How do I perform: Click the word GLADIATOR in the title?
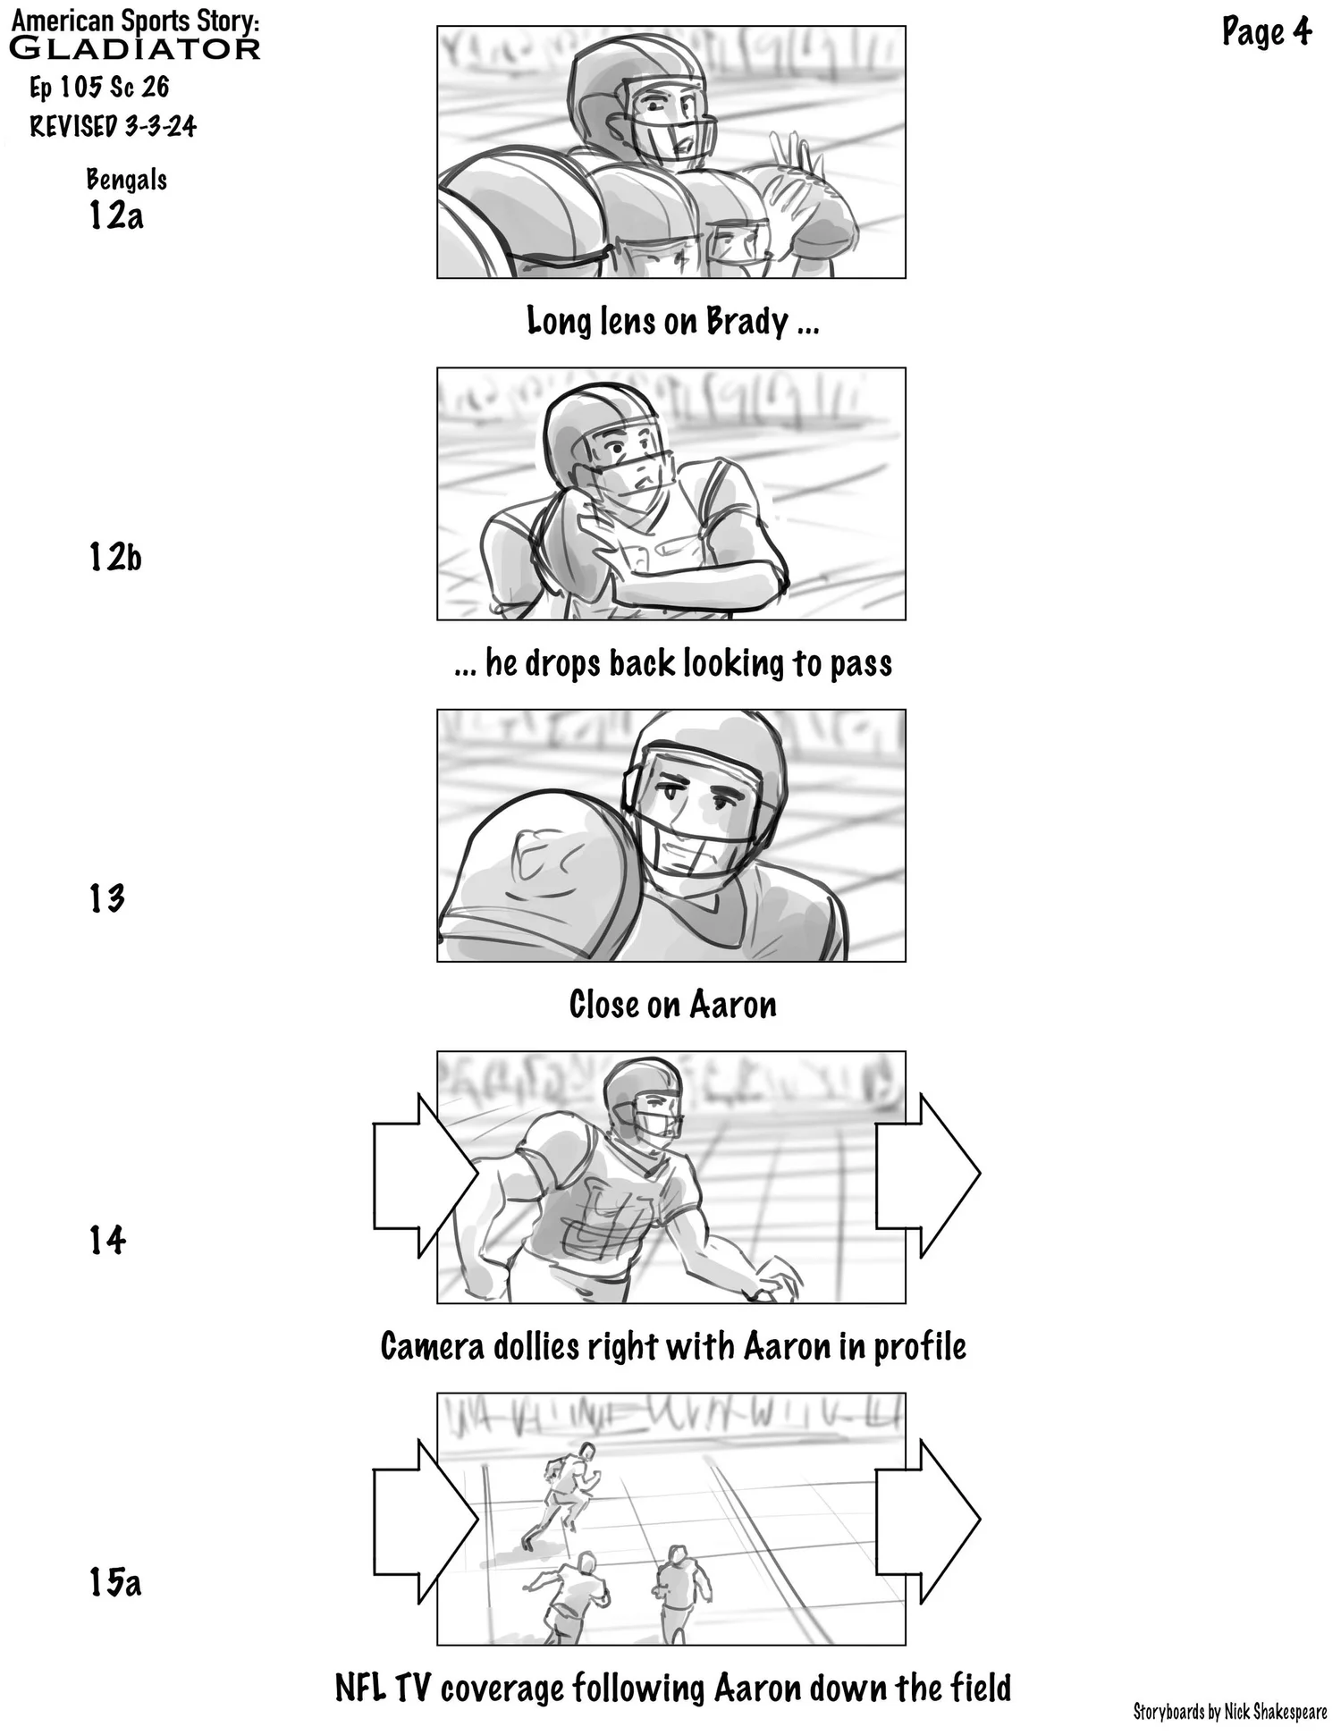[x=134, y=48]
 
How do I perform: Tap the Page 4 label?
[x=1266, y=33]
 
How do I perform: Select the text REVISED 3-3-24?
[x=113, y=126]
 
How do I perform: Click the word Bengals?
[x=126, y=180]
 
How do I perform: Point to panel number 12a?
[x=115, y=215]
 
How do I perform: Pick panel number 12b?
[x=115, y=557]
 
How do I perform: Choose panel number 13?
[x=106, y=898]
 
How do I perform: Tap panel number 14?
[x=107, y=1240]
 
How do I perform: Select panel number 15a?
[x=115, y=1581]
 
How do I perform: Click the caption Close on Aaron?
[x=672, y=1005]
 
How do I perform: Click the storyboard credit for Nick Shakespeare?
[x=1229, y=1712]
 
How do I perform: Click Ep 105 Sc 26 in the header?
[x=99, y=88]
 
